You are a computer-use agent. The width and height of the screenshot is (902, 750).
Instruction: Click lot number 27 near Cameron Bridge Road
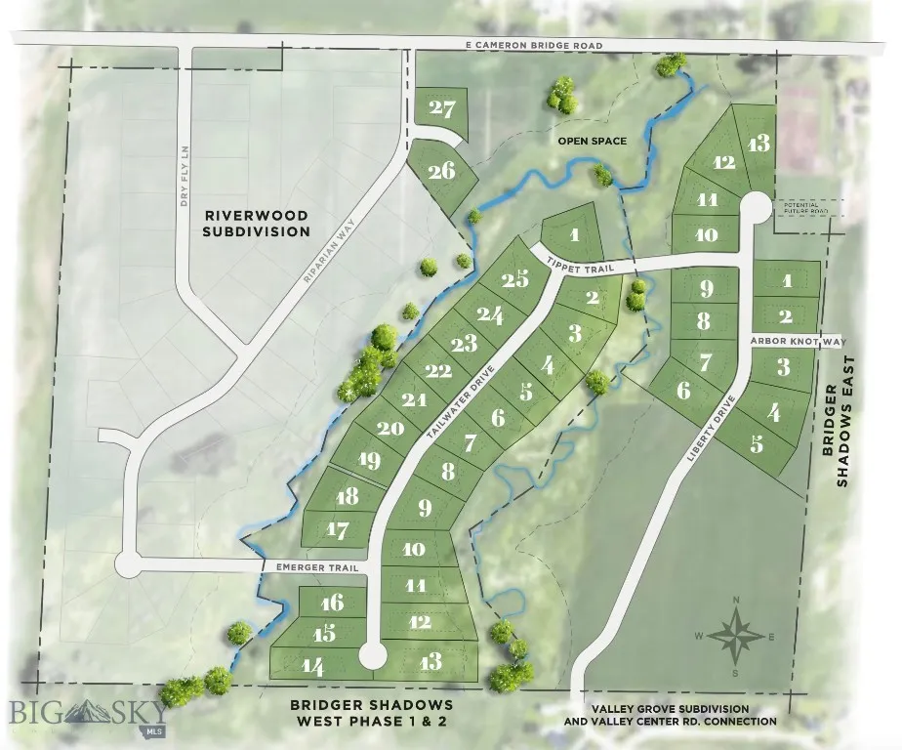pyautogui.click(x=442, y=108)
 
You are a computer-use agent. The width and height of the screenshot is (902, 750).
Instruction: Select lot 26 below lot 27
pyautogui.click(x=441, y=171)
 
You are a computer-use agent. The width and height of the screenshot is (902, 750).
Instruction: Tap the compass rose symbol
pyautogui.click(x=738, y=636)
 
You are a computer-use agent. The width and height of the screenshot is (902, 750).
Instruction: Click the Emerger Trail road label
pyautogui.click(x=311, y=566)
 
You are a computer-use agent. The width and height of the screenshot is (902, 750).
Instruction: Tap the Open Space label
pyautogui.click(x=592, y=142)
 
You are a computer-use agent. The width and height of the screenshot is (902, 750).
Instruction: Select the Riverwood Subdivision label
pyautogui.click(x=257, y=223)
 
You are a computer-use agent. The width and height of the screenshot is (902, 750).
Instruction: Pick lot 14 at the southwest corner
pyautogui.click(x=312, y=667)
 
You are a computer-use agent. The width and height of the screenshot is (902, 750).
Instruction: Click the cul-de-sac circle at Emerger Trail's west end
pyautogui.click(x=128, y=564)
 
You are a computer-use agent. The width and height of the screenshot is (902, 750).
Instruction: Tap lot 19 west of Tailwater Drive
pyautogui.click(x=369, y=460)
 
